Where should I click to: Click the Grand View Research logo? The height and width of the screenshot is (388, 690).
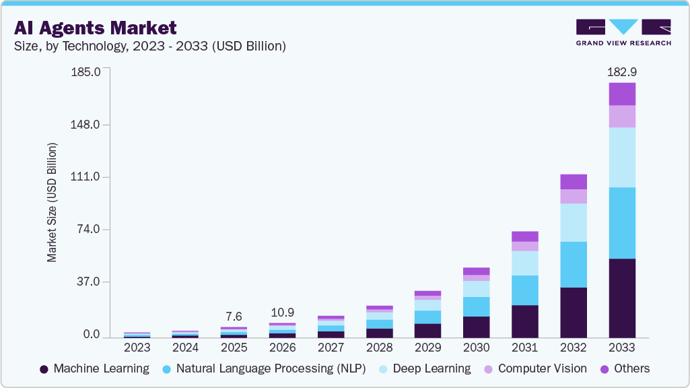(623, 32)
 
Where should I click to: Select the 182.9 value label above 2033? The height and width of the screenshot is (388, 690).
(621, 71)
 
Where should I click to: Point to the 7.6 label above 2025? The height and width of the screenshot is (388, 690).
(234, 317)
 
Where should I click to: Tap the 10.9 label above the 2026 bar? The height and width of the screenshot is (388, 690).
(283, 313)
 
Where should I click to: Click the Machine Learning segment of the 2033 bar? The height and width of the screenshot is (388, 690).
(622, 298)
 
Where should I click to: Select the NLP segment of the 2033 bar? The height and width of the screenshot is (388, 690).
(622, 223)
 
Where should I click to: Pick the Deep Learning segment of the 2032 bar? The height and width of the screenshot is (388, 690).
(574, 222)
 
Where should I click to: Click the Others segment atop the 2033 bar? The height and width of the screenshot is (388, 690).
(622, 94)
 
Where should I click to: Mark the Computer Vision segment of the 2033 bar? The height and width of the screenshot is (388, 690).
(622, 117)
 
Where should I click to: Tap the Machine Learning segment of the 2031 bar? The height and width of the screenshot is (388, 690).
(525, 321)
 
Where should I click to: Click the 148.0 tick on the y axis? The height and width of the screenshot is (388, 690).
(85, 125)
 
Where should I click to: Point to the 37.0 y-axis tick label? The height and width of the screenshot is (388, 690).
(88, 282)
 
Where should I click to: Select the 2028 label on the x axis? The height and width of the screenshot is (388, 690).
(379, 348)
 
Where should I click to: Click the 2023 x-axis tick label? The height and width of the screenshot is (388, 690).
(137, 348)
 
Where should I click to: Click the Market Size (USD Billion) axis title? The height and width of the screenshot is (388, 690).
(52, 202)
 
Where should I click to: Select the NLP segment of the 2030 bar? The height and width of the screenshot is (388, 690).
(477, 306)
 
